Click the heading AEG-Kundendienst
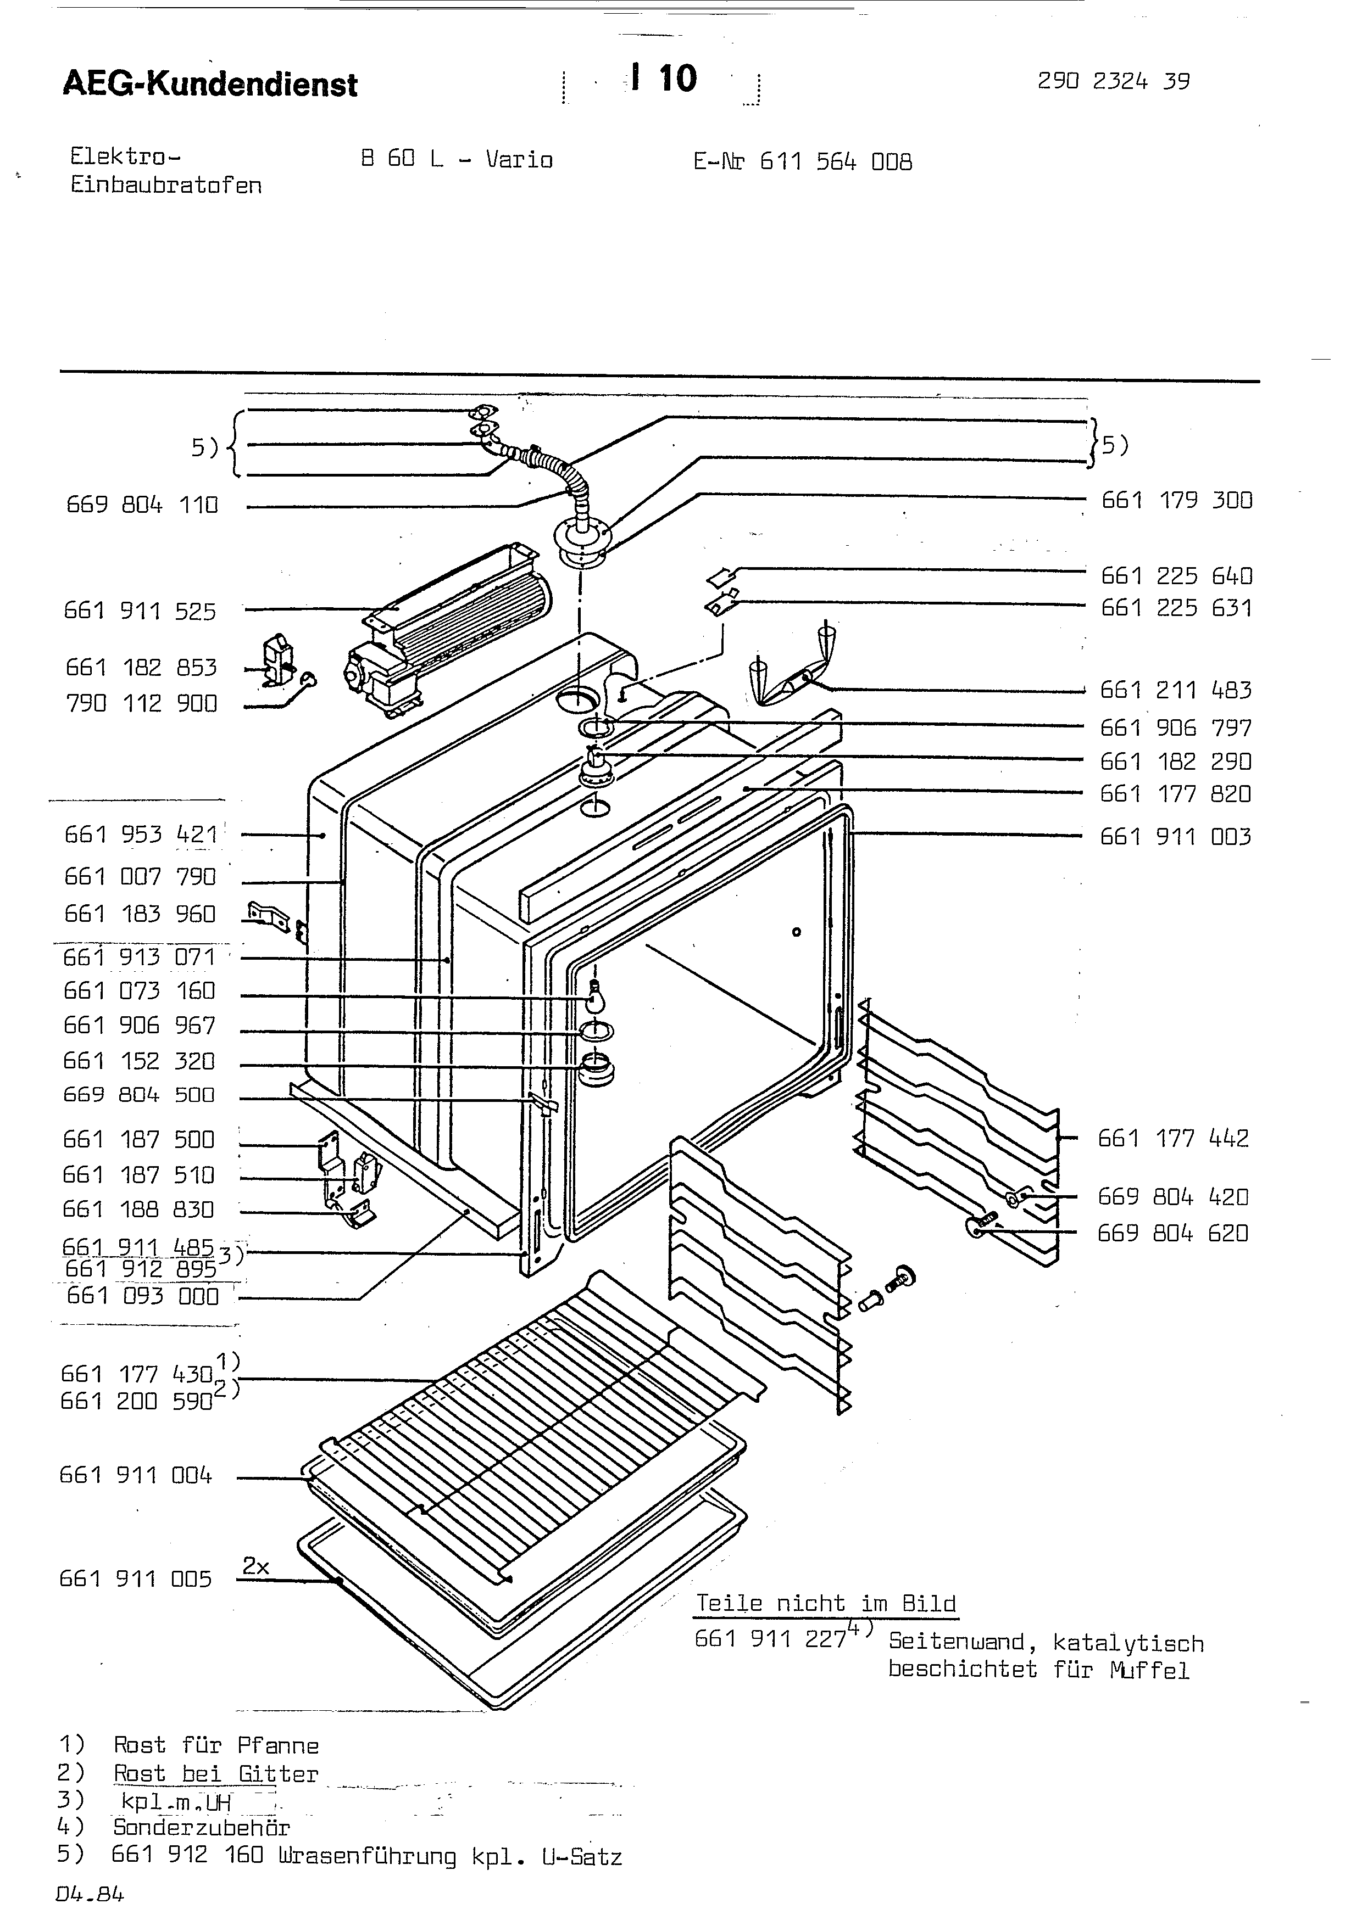pos(210,84)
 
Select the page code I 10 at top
pos(665,79)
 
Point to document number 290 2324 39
pos(1114,81)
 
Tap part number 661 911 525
pos(140,612)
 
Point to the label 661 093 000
pos(143,1296)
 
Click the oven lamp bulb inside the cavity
pos(595,998)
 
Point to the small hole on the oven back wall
pos(797,932)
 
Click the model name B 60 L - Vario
pos(457,159)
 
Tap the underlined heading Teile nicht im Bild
pos(826,1604)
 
